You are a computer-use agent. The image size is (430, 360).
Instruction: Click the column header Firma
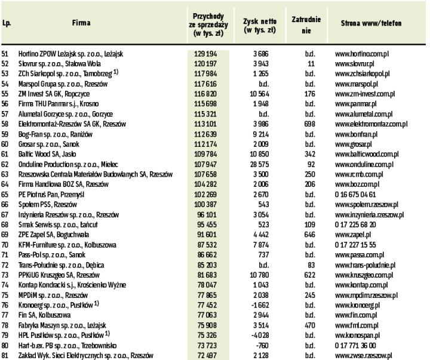click(81, 24)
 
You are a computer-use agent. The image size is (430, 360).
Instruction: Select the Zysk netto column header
click(259, 24)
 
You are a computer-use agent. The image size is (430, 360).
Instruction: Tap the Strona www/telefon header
click(371, 24)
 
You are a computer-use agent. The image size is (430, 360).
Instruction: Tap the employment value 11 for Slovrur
click(311, 63)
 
